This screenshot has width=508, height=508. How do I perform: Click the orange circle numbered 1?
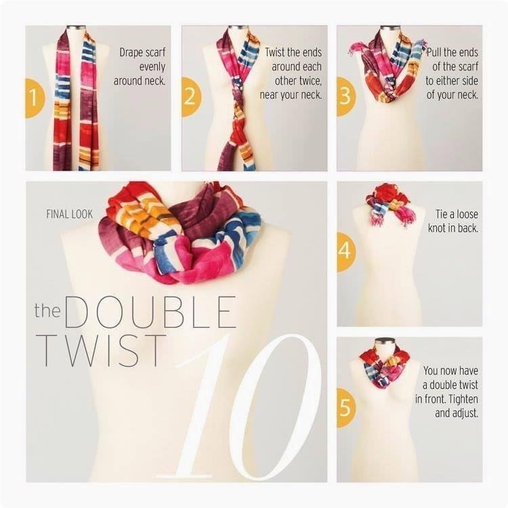[x=35, y=98]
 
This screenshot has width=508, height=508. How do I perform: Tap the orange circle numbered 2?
[x=191, y=97]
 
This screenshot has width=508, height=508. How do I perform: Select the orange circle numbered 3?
[x=346, y=97]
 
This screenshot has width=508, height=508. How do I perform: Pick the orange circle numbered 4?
[x=346, y=252]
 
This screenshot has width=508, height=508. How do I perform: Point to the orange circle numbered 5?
[x=346, y=407]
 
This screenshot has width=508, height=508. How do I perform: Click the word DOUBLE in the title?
[x=150, y=312]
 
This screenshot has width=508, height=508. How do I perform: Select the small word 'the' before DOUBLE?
[x=47, y=310]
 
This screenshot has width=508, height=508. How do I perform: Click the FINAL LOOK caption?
[x=69, y=214]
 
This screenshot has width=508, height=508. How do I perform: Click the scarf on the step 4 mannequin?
[x=391, y=203]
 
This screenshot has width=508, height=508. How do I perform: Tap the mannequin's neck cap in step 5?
[x=385, y=341]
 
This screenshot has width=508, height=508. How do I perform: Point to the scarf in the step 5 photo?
[x=385, y=366]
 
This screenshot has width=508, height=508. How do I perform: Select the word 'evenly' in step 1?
[x=152, y=67]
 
